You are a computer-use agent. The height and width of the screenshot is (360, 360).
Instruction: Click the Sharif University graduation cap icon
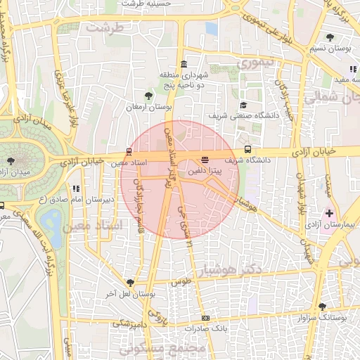[x=243, y=105]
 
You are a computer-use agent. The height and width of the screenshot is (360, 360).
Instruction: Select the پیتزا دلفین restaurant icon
[x=205, y=160]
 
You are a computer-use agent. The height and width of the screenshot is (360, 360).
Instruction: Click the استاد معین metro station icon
[x=129, y=151]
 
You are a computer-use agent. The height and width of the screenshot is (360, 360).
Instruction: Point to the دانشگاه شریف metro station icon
[x=247, y=149]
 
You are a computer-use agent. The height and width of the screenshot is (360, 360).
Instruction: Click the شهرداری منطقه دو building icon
[x=183, y=64]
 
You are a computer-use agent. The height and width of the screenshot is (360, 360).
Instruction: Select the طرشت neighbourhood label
[x=103, y=27]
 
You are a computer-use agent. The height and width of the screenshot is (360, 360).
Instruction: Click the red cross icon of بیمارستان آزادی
[x=328, y=212]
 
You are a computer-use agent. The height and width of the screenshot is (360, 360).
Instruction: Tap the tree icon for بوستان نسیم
[x=330, y=37]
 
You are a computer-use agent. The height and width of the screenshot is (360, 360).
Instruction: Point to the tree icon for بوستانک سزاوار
[x=322, y=307]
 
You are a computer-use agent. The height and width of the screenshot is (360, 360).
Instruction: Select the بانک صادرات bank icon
[x=205, y=318]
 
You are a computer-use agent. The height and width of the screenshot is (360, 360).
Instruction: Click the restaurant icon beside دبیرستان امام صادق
[x=76, y=188]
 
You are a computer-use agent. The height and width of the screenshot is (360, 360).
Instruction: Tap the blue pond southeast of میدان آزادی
[x=51, y=223]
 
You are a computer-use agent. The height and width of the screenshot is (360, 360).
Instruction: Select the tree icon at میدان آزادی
[x=10, y=161]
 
